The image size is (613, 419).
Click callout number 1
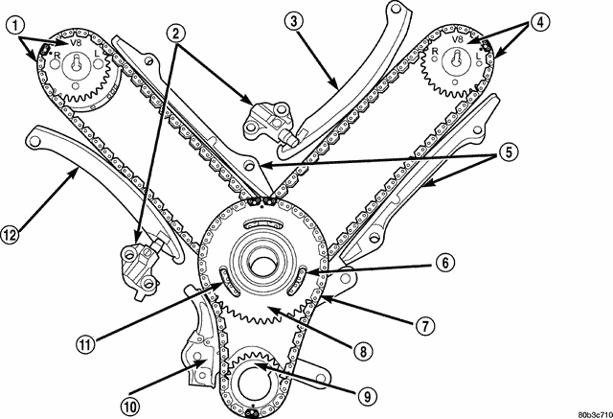click(x=15, y=26)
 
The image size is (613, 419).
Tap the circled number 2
click(x=176, y=33)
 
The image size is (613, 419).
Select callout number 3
click(x=294, y=21)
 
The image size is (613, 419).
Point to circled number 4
click(x=540, y=22)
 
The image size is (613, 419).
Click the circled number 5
click(x=509, y=152)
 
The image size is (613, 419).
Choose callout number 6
click(x=445, y=263)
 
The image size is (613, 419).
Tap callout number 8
click(x=363, y=351)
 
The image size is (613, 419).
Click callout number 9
click(x=368, y=397)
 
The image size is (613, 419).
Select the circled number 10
click(x=130, y=407)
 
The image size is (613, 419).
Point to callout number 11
click(x=86, y=344)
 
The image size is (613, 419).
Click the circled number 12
click(x=10, y=235)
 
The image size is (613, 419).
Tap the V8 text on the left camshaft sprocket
click(x=76, y=42)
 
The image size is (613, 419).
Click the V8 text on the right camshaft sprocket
click(x=457, y=39)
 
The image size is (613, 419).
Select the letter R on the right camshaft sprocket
click(x=434, y=51)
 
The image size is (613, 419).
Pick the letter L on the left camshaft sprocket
click(x=97, y=53)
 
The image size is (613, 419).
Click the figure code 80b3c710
click(x=596, y=414)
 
